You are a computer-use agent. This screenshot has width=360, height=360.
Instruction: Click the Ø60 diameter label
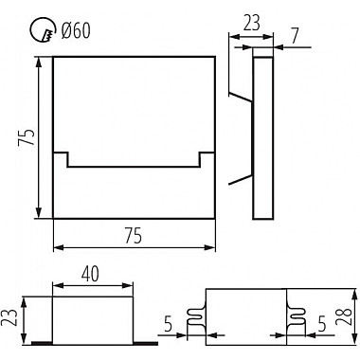(76, 30)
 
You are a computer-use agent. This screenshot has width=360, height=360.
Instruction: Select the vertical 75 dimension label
(27, 137)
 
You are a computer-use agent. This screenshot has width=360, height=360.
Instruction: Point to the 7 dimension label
(295, 36)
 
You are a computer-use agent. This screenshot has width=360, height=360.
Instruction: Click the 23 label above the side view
(251, 23)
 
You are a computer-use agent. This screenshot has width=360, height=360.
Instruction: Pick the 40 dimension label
(90, 274)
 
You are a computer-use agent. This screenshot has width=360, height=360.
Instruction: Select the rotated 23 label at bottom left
(9, 318)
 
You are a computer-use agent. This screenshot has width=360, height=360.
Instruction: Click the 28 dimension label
(344, 316)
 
